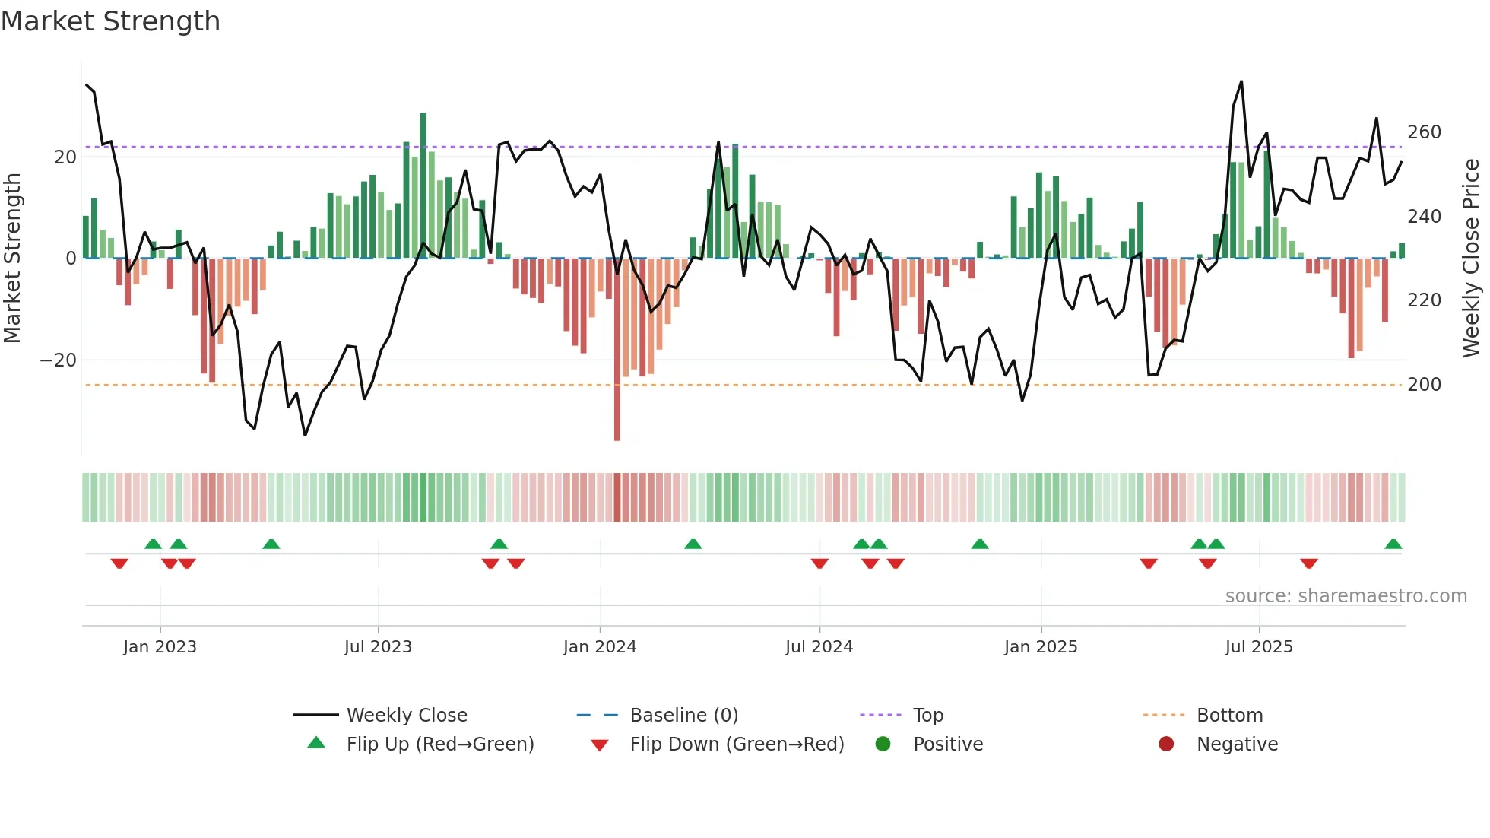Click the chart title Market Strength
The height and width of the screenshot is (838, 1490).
(x=110, y=21)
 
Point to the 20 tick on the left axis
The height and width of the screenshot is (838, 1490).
(x=65, y=157)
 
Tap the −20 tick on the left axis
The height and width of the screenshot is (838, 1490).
(x=59, y=360)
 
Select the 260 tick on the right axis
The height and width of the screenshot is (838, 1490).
(x=1424, y=132)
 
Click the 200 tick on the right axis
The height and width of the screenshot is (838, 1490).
(x=1424, y=385)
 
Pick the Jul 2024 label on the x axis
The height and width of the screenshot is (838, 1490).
(x=819, y=647)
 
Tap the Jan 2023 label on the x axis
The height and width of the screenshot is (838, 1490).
(x=160, y=647)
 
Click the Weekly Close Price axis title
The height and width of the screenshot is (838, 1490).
(x=1471, y=259)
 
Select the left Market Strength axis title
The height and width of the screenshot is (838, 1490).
(x=12, y=259)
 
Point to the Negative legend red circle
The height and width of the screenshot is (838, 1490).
(x=1166, y=744)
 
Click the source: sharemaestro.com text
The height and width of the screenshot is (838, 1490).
(x=1346, y=596)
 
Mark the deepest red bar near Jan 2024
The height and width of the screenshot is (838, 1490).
(x=617, y=350)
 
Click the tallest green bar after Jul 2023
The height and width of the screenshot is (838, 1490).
(x=423, y=186)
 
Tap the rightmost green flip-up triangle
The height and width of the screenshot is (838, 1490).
(x=1393, y=544)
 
